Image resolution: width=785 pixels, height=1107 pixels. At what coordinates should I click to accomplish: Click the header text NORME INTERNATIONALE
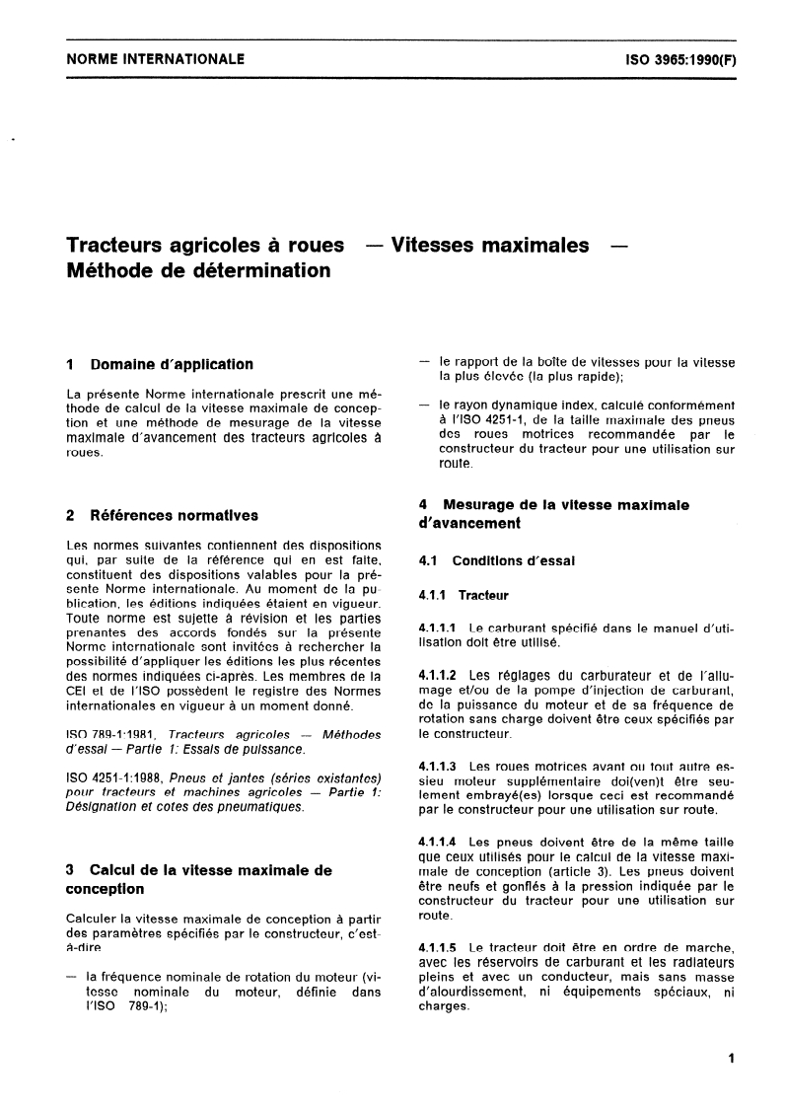(155, 59)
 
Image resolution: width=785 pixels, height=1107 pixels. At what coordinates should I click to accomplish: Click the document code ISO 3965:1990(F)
(679, 59)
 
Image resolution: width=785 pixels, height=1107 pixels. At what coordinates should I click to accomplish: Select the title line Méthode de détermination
(198, 269)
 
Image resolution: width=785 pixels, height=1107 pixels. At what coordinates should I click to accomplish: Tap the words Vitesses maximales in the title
(490, 245)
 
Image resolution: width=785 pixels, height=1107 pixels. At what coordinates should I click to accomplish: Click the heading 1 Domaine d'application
(158, 364)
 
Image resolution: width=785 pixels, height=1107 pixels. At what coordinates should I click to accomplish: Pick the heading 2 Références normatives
(162, 514)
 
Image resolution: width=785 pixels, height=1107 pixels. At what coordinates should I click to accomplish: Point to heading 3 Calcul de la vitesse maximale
(198, 870)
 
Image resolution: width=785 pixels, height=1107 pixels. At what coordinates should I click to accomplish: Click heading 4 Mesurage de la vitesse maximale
(553, 504)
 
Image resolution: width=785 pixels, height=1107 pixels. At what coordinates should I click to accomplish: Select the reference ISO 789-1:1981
(111, 735)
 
